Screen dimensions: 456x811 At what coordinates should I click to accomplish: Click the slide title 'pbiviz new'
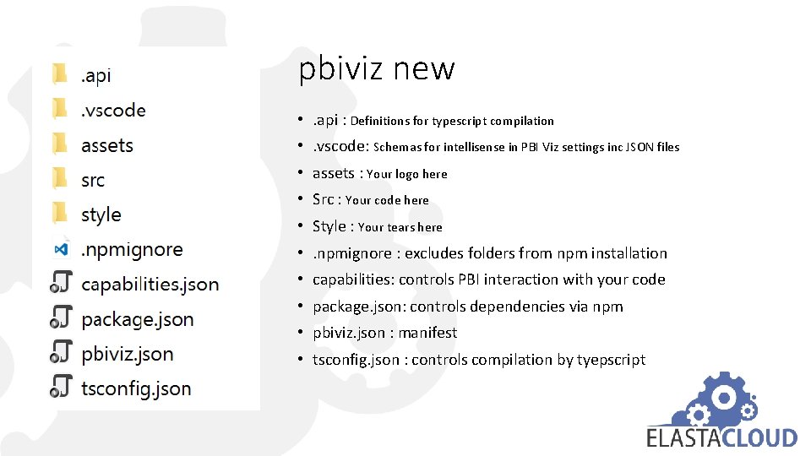[377, 68]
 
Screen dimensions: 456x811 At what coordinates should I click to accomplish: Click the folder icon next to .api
[59, 74]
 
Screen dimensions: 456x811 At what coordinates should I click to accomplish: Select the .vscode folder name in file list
[113, 111]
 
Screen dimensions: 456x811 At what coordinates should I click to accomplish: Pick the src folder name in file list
[93, 180]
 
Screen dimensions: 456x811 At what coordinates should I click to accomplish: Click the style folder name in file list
[101, 215]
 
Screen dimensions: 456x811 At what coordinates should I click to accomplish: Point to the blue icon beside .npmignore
[60, 250]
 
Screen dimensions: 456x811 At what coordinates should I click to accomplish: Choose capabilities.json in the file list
[150, 285]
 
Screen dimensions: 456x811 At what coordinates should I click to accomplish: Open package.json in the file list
[137, 319]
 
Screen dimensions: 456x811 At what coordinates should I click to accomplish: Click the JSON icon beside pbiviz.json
[60, 353]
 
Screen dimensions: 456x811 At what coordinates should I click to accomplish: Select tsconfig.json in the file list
[136, 388]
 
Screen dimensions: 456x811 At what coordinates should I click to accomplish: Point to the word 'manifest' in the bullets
[427, 333]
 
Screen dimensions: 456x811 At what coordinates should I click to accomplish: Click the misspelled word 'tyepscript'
[611, 360]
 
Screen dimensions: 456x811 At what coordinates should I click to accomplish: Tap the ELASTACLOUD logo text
[721, 437]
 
